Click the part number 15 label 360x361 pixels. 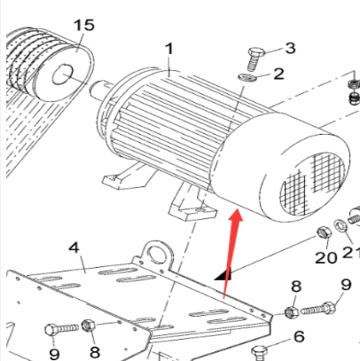pos(84,25)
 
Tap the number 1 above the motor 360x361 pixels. pos(169,49)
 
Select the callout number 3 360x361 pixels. pos(290,48)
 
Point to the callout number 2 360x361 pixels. pos(278,74)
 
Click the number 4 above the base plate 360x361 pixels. pos(74,247)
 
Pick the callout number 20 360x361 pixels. pos(326,257)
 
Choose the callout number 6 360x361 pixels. pos(299,336)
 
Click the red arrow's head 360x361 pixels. pos(236,216)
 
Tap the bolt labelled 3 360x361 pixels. pos(254,59)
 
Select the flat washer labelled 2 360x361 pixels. pos(247,78)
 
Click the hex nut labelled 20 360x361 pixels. pos(324,233)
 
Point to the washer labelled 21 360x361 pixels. pos(340,226)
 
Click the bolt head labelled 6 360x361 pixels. pos(259,352)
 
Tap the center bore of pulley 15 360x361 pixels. pos(62,75)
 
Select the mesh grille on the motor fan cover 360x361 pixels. pos(312,184)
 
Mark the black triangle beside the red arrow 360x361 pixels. pos(223,274)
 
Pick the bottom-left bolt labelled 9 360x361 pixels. pos(61,329)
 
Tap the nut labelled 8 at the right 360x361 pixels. pos(292,312)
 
